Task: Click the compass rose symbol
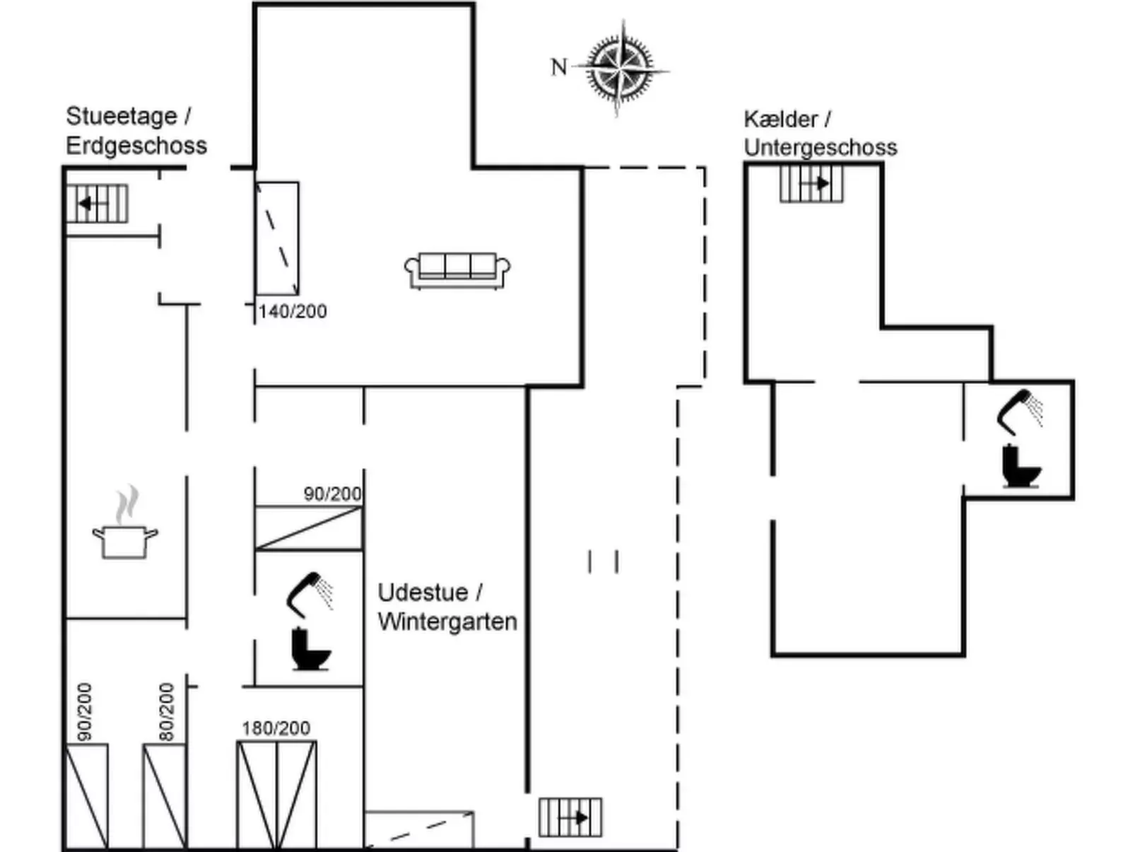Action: [x=621, y=69]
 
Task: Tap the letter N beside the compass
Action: [x=558, y=67]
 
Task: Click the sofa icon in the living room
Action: [x=457, y=270]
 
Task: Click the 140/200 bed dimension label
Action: [x=292, y=311]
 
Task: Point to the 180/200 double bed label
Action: [x=276, y=728]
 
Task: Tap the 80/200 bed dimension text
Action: [x=166, y=711]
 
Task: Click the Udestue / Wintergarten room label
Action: [x=447, y=607]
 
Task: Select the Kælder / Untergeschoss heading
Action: [x=820, y=133]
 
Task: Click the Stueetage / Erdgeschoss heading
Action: [x=136, y=131]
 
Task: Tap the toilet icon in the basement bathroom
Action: [x=1021, y=466]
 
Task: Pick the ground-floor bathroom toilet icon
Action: [x=310, y=648]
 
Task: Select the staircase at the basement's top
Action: [x=811, y=184]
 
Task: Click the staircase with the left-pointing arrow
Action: [x=97, y=204]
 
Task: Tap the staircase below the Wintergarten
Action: [x=570, y=817]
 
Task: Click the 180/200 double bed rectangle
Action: [x=276, y=794]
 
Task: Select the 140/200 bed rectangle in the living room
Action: [x=277, y=238]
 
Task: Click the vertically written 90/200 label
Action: [x=84, y=711]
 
